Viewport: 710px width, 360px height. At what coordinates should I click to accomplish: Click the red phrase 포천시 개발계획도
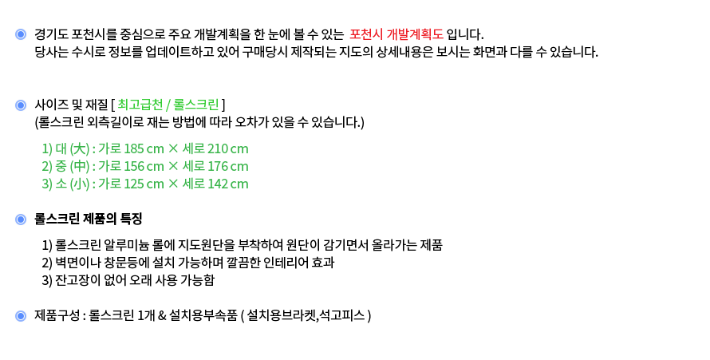[396, 34]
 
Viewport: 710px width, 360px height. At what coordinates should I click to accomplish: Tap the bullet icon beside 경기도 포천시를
[21, 34]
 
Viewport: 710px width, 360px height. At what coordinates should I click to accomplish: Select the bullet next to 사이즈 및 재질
[21, 105]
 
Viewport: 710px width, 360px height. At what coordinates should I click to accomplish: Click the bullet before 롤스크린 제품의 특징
[21, 220]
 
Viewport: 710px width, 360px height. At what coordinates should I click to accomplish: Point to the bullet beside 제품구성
[21, 316]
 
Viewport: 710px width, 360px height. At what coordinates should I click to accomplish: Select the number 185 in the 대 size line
[133, 149]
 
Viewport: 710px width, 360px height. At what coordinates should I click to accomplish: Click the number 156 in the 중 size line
[133, 167]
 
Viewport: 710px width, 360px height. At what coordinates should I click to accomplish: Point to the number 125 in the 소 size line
[133, 184]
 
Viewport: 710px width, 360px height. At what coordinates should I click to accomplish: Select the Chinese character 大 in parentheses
[80, 148]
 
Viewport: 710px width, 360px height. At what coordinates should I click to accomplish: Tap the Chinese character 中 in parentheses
[80, 166]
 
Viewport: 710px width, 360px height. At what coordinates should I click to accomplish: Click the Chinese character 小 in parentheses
[80, 184]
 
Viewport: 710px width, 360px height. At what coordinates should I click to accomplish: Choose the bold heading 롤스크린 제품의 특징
[89, 220]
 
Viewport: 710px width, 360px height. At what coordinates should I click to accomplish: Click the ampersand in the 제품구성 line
[162, 315]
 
